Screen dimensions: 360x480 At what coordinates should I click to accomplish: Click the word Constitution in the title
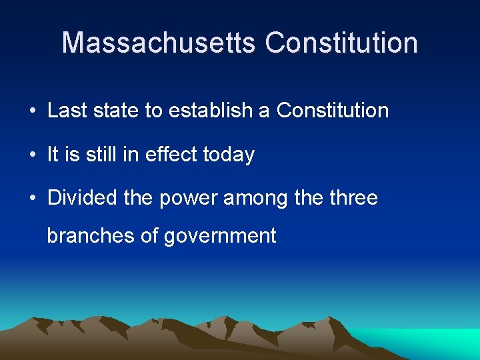[341, 43]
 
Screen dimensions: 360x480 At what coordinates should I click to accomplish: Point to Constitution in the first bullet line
[332, 111]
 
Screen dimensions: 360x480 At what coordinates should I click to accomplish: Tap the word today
[229, 155]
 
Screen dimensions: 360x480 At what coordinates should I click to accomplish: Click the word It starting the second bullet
[53, 155]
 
